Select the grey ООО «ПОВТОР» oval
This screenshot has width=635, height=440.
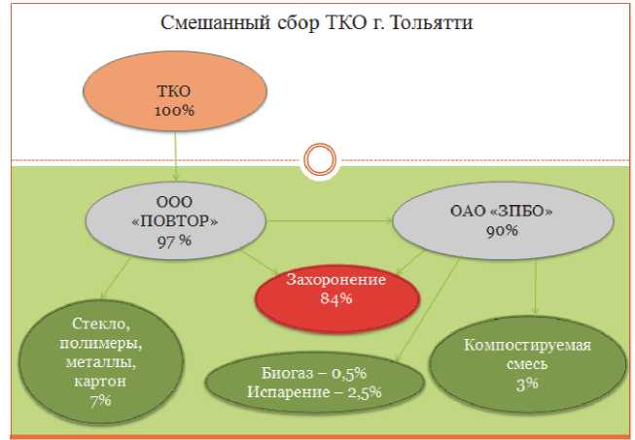pos(174,220)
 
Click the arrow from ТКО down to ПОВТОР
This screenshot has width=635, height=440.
pos(175,155)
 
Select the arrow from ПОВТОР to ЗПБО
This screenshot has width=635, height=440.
pos(325,221)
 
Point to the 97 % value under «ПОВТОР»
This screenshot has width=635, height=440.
pos(174,240)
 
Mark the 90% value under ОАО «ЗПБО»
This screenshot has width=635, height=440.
pos(503,231)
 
